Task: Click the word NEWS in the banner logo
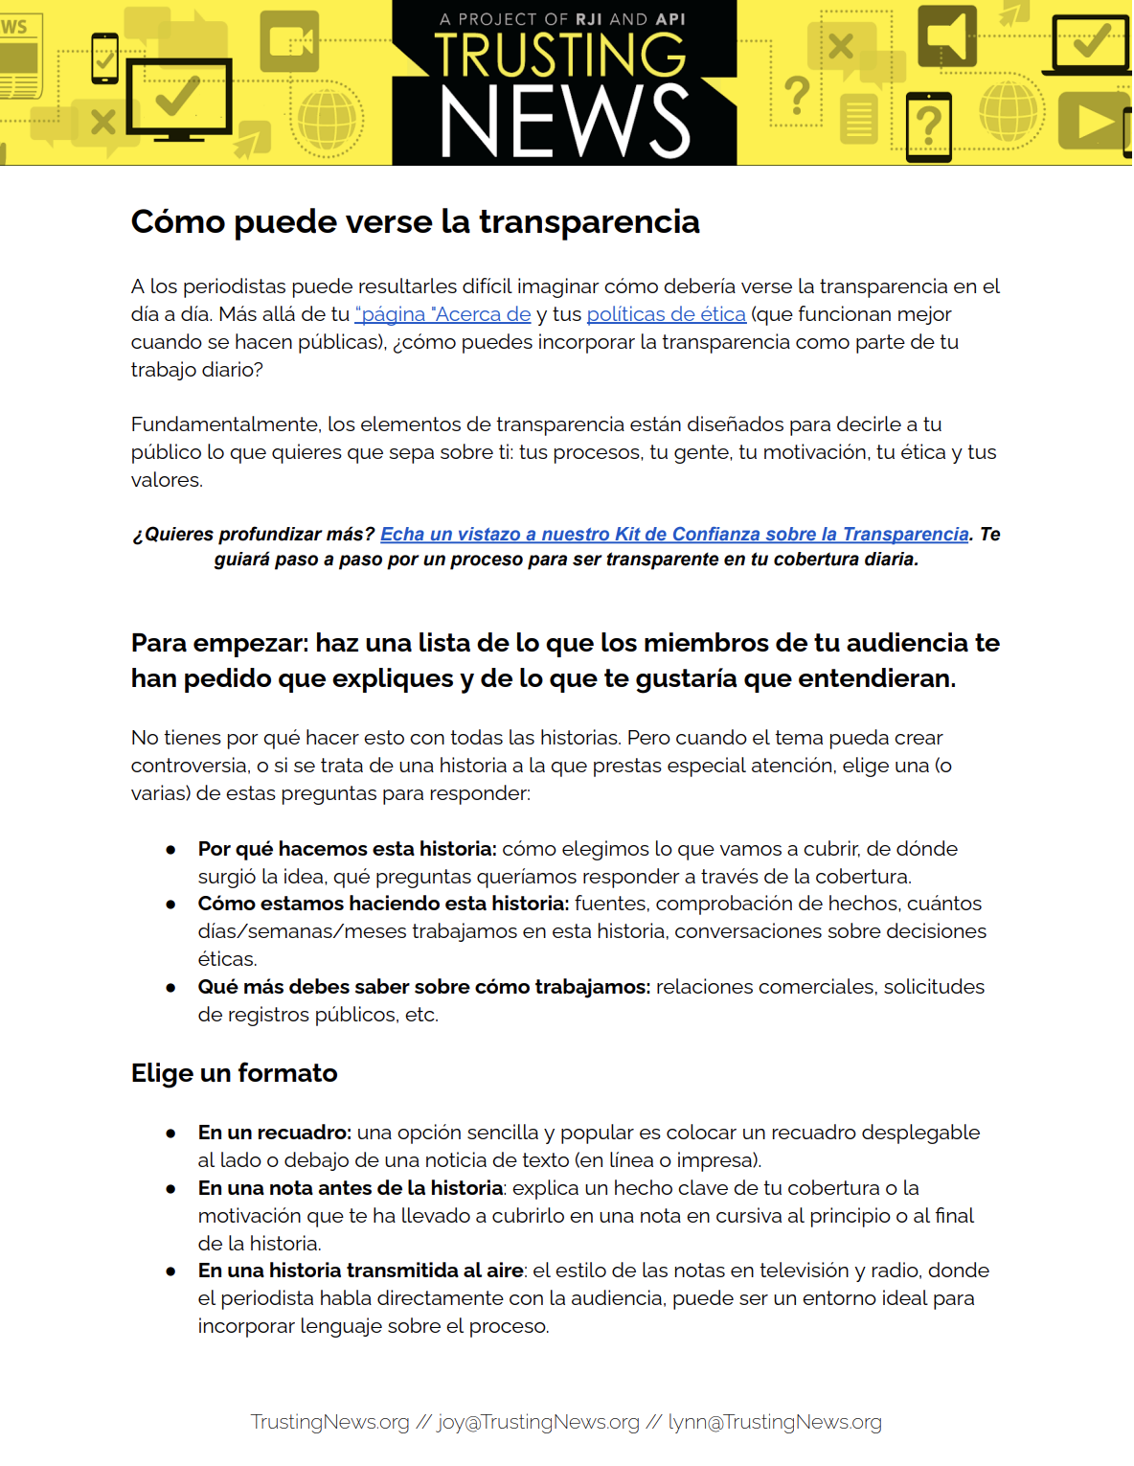tap(564, 122)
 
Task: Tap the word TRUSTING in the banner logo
tap(560, 56)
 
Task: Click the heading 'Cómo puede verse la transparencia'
tap(415, 222)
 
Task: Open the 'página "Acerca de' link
tap(442, 314)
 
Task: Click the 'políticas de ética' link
tap(666, 314)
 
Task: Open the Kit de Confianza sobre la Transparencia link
tap(674, 535)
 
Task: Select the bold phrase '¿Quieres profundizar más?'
tap(254, 535)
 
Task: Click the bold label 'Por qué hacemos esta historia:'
tap(347, 849)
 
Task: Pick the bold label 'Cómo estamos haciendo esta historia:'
tap(383, 904)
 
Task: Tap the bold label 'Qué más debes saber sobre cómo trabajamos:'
tap(424, 987)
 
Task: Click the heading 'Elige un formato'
tap(234, 1073)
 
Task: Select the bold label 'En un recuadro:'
tap(275, 1133)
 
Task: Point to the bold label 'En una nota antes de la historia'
tap(351, 1188)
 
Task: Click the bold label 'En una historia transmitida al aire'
tap(360, 1271)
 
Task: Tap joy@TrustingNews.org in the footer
tap(538, 1422)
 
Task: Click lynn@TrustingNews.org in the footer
tap(775, 1422)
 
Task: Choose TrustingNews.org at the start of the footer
tap(329, 1422)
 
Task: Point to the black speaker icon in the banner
tap(947, 36)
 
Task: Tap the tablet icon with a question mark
tap(928, 126)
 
